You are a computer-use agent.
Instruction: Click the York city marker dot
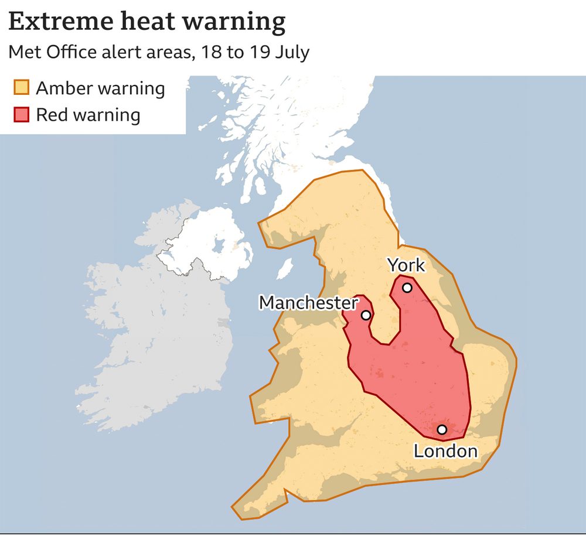point(407,288)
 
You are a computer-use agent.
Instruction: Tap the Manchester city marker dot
point(366,315)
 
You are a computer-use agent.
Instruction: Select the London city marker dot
point(442,429)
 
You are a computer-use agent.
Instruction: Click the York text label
point(406,265)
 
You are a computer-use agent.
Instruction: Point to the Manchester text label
point(308,302)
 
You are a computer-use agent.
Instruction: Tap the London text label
point(445,451)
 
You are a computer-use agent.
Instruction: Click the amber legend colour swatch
point(21,88)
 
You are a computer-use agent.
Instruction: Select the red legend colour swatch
point(21,114)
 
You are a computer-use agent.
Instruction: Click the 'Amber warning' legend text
point(100,88)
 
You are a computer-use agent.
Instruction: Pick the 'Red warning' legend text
point(88,114)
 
